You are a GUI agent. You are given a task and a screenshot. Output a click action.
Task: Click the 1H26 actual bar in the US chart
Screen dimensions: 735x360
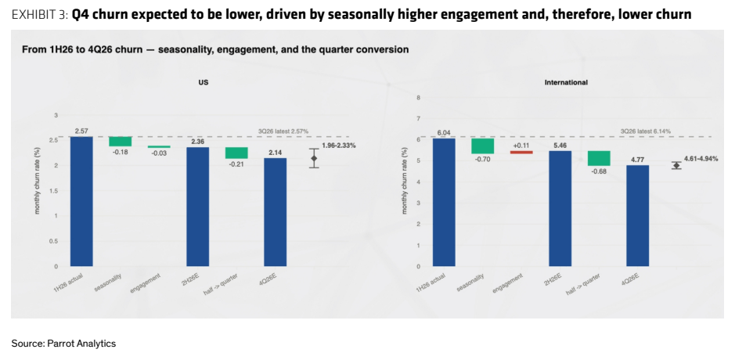point(81,202)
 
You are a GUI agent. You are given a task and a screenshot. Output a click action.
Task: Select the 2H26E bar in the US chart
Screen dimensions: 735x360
point(198,207)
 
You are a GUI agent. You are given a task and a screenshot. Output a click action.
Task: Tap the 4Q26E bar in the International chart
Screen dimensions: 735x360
point(637,216)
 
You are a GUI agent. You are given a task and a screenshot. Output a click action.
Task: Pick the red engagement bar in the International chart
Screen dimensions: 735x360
point(521,152)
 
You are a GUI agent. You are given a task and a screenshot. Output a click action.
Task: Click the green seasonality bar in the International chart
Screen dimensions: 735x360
point(483,146)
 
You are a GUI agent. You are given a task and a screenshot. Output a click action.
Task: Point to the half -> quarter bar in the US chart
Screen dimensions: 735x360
point(236,153)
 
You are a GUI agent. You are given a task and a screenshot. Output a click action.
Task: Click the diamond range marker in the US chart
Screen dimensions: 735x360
point(314,158)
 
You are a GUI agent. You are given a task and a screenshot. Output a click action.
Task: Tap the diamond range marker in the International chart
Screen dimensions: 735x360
point(676,165)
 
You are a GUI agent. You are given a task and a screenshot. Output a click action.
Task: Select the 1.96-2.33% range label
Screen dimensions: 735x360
point(338,146)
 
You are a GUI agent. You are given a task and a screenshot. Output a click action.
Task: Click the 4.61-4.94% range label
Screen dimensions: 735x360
point(701,159)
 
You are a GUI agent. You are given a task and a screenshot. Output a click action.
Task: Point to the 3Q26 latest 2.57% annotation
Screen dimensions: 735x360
point(283,131)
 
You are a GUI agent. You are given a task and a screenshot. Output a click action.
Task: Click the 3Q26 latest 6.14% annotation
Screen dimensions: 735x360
point(646,131)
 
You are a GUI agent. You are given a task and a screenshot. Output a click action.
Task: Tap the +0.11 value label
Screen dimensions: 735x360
point(521,146)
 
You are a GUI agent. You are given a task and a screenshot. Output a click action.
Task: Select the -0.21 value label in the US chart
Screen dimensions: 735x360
point(236,164)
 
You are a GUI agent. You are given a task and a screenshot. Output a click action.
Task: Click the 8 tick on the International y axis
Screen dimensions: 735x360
point(419,98)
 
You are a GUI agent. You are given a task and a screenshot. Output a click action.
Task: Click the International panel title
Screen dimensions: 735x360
point(566,82)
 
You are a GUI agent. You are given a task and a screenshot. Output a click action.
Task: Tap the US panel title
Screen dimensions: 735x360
point(204,82)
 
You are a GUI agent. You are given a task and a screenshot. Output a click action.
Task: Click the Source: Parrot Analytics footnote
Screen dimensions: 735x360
point(63,344)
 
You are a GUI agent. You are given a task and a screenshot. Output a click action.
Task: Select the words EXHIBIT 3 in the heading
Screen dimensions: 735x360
point(39,15)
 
